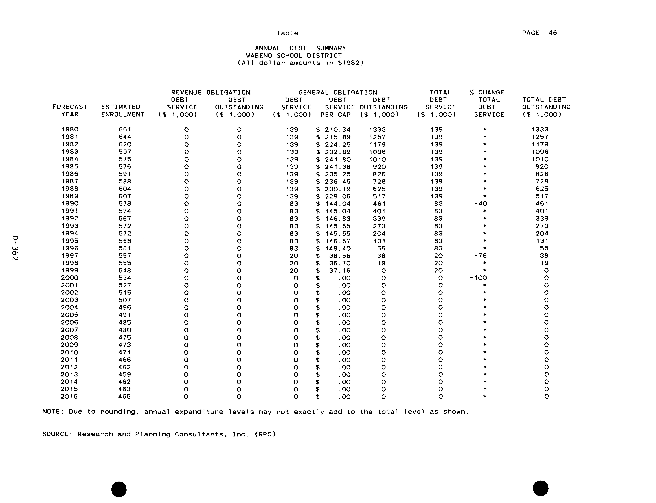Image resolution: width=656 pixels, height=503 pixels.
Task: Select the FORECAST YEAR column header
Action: pos(70,111)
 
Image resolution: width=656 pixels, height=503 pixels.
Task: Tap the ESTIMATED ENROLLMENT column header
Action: pos(123,111)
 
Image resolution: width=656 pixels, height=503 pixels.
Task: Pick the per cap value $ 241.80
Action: pos(333,159)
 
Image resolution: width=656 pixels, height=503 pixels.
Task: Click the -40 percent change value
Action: pos(481,204)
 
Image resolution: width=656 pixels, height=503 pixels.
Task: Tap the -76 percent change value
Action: pos(481,256)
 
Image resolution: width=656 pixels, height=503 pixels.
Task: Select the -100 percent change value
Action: pos(479,278)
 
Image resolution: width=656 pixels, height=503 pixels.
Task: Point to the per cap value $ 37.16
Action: pos(333,271)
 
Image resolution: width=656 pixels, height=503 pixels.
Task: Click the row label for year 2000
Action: pos(70,278)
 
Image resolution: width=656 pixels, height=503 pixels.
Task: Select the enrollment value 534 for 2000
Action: pos(125,278)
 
